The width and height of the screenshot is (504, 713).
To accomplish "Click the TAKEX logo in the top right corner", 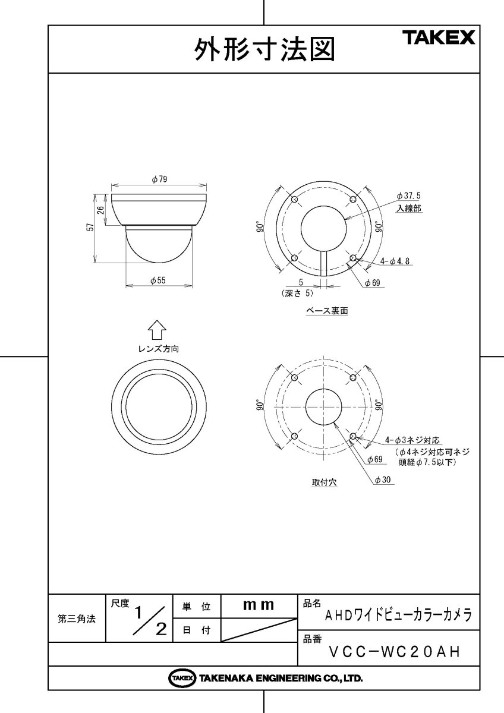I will pyautogui.click(x=440, y=39).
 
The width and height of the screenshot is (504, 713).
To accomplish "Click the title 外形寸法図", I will pyautogui.click(x=264, y=50).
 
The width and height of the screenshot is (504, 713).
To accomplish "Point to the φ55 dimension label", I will pyautogui.click(x=157, y=280).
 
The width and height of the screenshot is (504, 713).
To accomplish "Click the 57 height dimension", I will pyautogui.click(x=90, y=228).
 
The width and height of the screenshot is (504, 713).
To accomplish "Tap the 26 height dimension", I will pyautogui.click(x=101, y=209).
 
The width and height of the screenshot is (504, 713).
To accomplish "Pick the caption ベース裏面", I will pyautogui.click(x=326, y=311).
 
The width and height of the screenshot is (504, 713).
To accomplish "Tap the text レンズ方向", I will pyautogui.click(x=157, y=349).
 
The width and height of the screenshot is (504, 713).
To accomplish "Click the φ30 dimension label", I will pyautogui.click(x=383, y=480).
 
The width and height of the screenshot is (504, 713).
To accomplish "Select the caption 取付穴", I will pyautogui.click(x=325, y=482).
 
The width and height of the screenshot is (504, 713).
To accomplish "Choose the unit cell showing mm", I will pyautogui.click(x=259, y=605).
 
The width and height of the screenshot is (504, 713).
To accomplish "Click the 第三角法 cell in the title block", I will pyautogui.click(x=76, y=619).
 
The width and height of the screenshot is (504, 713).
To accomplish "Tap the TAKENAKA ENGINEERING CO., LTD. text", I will pyautogui.click(x=281, y=678).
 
